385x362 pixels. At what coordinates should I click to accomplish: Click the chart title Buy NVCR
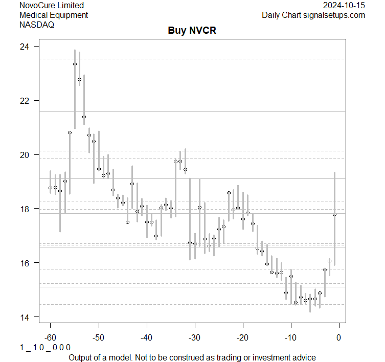pos(192,30)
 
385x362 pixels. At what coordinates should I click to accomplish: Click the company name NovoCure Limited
pos(52,6)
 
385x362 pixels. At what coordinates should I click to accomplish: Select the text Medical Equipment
pos(54,15)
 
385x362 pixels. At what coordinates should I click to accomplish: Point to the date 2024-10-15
pos(344,6)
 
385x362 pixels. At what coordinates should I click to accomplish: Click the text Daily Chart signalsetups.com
pos(313,15)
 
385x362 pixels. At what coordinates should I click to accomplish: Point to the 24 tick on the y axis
pos(25,47)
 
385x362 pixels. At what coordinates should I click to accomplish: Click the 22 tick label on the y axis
pos(25,101)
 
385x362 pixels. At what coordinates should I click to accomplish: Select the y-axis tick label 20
pos(25,155)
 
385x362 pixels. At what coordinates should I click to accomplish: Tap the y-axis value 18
pos(25,209)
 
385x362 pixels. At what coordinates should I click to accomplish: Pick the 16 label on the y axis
pos(25,263)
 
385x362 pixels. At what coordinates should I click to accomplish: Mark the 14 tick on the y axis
pos(25,317)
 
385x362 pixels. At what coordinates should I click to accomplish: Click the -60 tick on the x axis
pos(50,337)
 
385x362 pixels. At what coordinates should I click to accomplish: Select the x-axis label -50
pos(98,337)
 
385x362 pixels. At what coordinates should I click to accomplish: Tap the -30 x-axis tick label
pos(194,337)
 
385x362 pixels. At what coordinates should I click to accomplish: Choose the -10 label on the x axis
pos(290,337)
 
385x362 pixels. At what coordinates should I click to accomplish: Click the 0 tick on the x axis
pos(338,337)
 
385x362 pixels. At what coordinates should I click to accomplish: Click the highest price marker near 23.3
pos(75,64)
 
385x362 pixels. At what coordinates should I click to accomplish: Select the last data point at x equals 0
pos(334,214)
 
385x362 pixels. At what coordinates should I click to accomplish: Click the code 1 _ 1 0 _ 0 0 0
pos(45,347)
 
